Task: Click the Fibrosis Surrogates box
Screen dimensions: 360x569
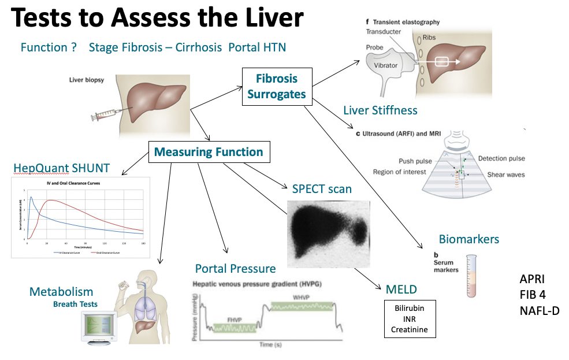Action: point(276,87)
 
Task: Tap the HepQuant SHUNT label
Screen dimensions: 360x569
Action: point(61,168)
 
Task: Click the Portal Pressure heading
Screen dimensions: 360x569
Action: point(235,268)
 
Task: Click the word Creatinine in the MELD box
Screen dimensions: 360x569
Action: point(410,329)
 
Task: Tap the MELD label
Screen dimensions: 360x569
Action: point(401,290)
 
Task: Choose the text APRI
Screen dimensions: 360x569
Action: point(532,279)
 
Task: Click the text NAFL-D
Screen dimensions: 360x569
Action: point(540,311)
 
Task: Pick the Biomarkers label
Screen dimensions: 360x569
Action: point(468,239)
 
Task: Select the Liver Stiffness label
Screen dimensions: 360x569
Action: point(380,110)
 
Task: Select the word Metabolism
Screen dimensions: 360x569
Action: point(61,292)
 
